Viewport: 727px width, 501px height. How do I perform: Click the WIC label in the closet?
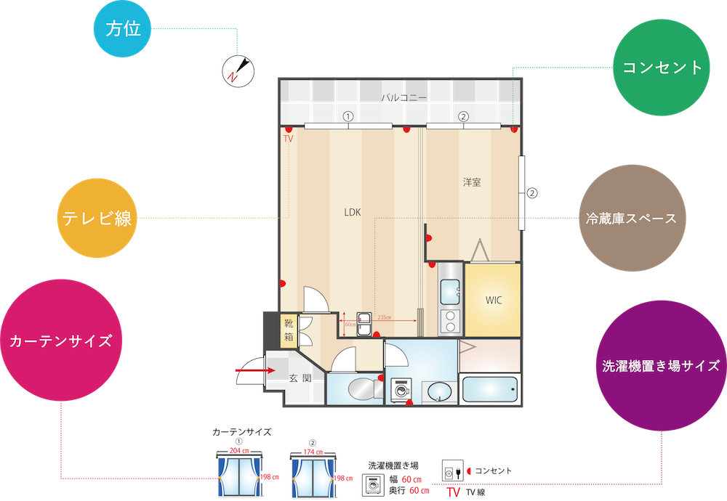(494, 300)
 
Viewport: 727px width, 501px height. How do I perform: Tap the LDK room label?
(353, 213)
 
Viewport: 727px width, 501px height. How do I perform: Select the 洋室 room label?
(472, 182)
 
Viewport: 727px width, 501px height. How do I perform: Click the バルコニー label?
(403, 97)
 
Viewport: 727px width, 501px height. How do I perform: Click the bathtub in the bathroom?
(489, 391)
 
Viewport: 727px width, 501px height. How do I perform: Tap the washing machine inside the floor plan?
(400, 389)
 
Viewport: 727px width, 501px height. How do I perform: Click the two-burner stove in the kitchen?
(449, 319)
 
